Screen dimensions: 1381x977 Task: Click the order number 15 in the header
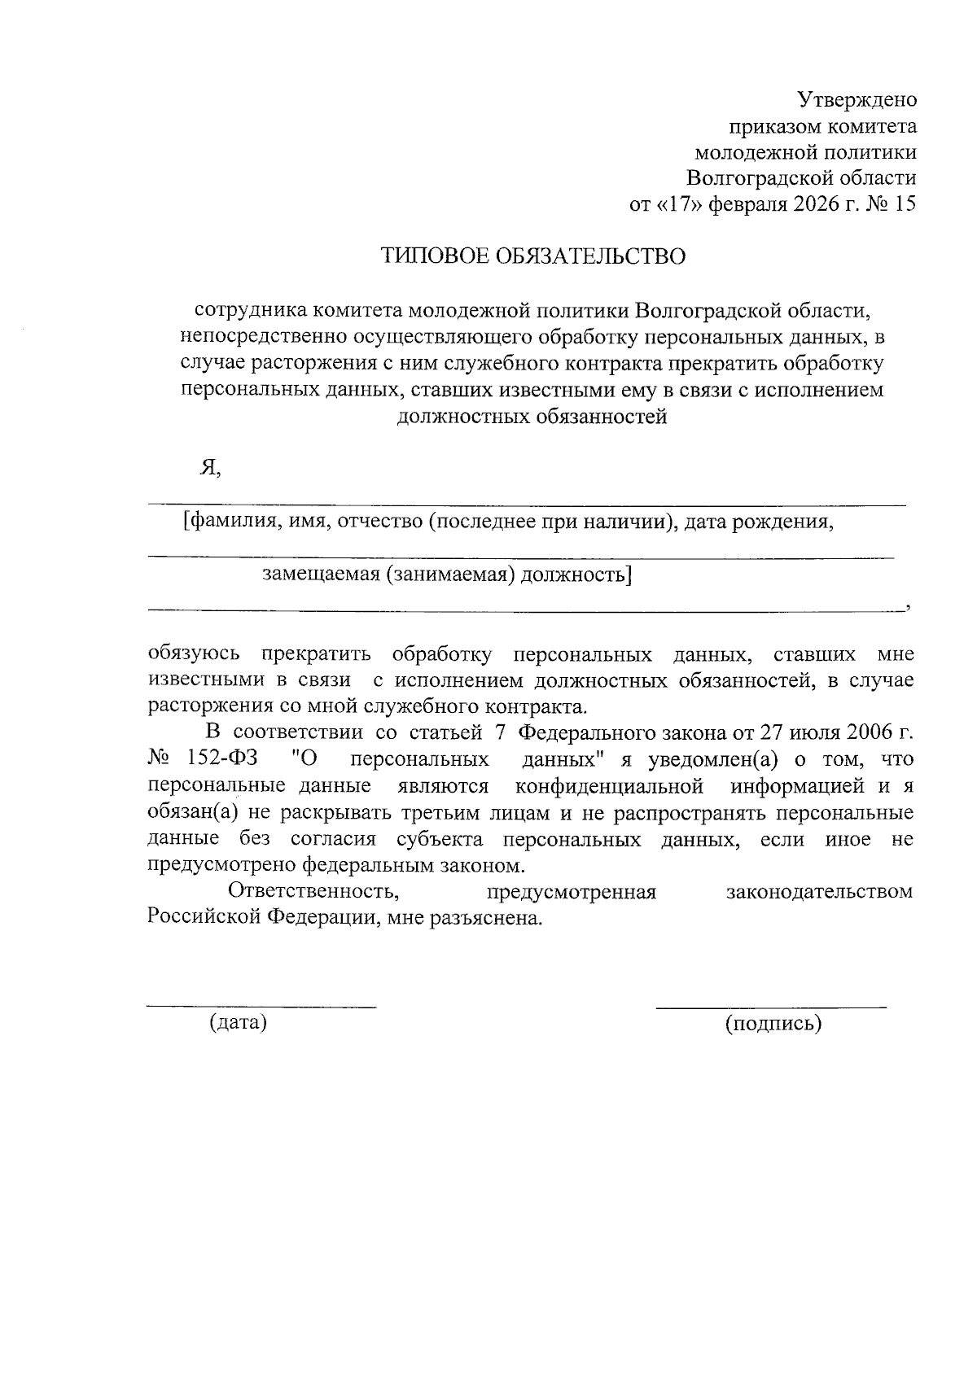point(905,203)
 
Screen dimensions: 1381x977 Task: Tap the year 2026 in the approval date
point(813,203)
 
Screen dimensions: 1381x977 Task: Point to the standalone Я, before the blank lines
point(210,468)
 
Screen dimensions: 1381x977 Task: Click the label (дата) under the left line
point(238,1022)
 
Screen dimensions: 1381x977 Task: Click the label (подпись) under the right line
point(773,1023)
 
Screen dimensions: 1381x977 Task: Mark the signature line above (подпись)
point(771,1007)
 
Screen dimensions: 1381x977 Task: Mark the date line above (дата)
point(261,1007)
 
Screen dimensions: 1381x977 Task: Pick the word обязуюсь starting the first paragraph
point(194,653)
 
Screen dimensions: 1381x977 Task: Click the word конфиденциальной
point(609,786)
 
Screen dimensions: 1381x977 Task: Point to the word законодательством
point(819,891)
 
